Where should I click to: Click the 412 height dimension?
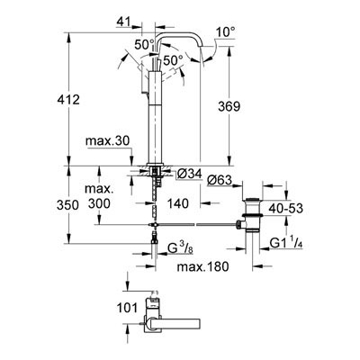tap(68, 99)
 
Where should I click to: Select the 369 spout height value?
tap(229, 106)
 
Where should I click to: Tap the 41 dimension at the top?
tap(123, 22)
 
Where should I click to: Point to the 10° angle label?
tap(226, 31)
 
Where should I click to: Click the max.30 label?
tap(108, 141)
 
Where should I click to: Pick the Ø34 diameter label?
tap(189, 174)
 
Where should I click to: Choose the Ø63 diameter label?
tap(220, 180)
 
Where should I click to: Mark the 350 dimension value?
tap(67, 205)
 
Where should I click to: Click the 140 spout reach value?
tap(178, 203)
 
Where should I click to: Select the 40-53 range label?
tap(285, 208)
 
